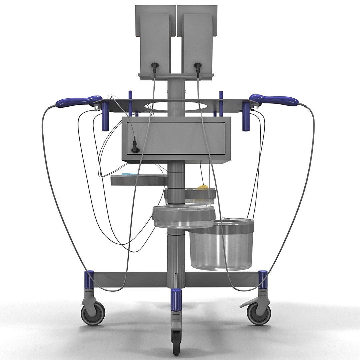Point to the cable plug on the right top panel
[x=198, y=68]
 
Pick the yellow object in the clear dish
[x=203, y=188]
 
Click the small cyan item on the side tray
[x=127, y=174]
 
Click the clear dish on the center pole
[x=183, y=217]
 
